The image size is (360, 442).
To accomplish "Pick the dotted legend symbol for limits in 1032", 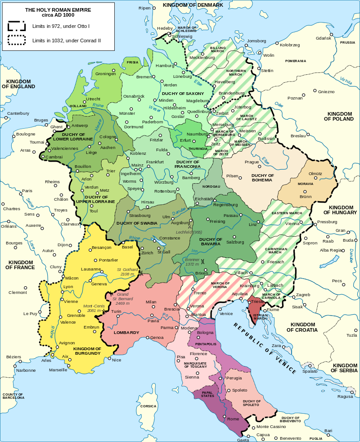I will coord(17,41).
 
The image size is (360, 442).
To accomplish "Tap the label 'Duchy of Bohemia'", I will coord(262,177).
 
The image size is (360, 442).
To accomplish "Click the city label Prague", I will coord(252,162).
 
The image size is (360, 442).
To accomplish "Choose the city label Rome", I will coord(233,419).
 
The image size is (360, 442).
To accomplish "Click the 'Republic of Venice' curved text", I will coord(265,347).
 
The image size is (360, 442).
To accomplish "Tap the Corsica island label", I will coord(148,406).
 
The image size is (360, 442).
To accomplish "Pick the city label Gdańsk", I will coord(324,38).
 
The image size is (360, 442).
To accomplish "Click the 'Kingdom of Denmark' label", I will coord(193,5).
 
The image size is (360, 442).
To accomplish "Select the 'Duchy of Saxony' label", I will coord(180,93).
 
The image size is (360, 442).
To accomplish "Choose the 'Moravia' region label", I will coord(306,184).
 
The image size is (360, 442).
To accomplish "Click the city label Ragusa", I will coord(345,397).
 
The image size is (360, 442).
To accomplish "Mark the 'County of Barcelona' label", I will coord(13,396).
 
